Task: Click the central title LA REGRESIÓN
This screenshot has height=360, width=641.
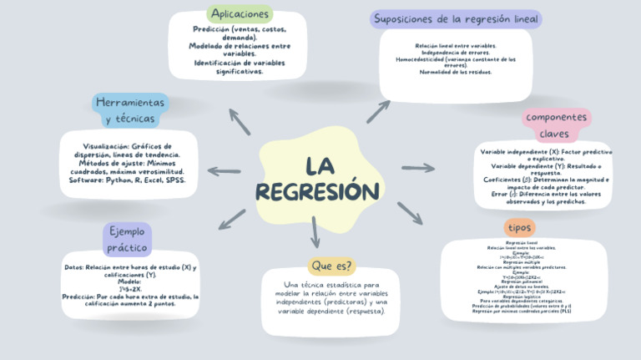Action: [317, 179]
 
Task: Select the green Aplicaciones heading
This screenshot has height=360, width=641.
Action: [240, 14]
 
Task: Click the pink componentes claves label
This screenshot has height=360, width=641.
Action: [556, 125]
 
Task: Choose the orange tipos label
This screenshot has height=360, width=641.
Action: [520, 227]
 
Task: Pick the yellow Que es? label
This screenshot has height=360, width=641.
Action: [331, 266]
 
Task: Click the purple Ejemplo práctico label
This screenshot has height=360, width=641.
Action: [127, 239]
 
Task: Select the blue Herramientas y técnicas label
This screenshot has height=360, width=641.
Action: [129, 110]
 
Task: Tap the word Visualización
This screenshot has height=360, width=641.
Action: [107, 145]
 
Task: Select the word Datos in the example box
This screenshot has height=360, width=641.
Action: [74, 268]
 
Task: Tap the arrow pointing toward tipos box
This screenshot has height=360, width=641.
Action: [410, 213]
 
